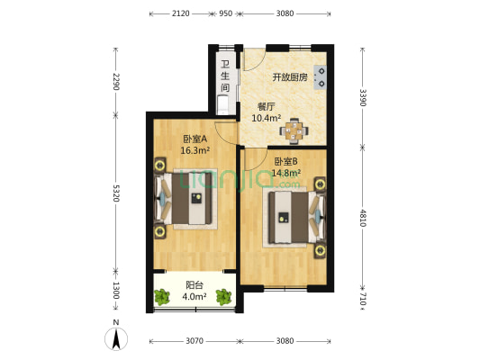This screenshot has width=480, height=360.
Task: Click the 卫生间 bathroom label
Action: click(225, 76)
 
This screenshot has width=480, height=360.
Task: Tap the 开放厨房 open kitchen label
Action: click(290, 77)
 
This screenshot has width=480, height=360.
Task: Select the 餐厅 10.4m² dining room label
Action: click(266, 112)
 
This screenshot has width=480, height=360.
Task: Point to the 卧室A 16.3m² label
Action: click(195, 144)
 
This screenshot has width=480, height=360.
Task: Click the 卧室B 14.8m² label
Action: click(286, 167)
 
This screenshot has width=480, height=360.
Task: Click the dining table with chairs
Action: click(294, 131)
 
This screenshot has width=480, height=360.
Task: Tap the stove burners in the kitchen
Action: click(320, 78)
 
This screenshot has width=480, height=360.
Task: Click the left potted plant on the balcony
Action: click(163, 295)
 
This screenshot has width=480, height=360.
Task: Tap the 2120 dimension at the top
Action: click(180, 13)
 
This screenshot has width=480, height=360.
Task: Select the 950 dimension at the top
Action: click(225, 13)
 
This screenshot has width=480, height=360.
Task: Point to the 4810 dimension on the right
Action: click(362, 218)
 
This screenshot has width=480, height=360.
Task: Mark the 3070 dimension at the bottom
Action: click(195, 341)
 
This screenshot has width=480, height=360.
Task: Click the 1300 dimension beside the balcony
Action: click(116, 292)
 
